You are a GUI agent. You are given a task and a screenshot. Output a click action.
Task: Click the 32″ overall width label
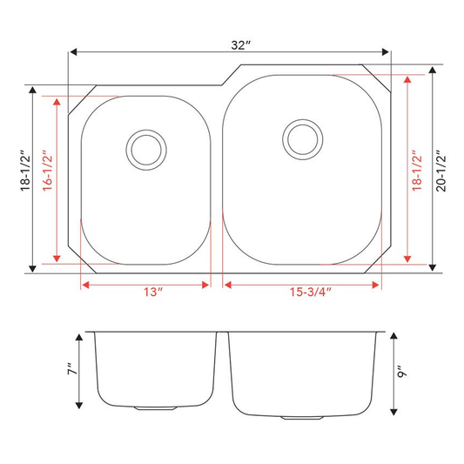click(240, 45)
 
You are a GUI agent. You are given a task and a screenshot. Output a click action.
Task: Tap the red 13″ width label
click(153, 293)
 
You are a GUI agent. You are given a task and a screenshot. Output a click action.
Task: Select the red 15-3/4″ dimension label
click(311, 293)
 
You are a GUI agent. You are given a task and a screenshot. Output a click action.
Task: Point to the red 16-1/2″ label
click(47, 171)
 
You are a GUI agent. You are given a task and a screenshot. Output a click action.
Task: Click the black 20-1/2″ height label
click(440, 171)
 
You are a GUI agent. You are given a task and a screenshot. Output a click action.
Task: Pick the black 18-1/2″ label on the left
click(25, 171)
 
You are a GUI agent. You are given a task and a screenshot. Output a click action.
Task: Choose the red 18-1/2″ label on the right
click(417, 171)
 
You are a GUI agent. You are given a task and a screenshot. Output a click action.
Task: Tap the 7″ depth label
click(72, 368)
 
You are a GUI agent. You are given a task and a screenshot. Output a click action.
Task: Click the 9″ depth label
click(402, 372)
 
